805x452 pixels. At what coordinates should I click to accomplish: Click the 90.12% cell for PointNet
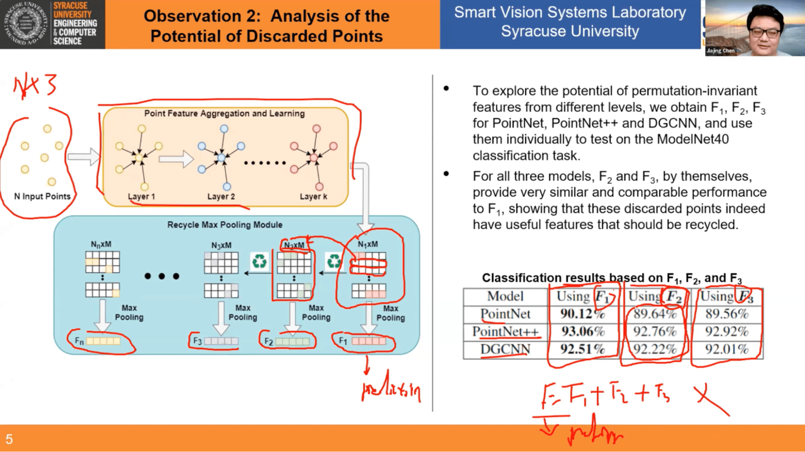(582, 314)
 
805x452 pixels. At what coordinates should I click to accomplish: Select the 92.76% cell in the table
(655, 331)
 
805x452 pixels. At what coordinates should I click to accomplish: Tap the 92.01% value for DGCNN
(726, 349)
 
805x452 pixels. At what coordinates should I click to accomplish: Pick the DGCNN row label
(505, 349)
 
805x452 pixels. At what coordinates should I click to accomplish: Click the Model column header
(505, 296)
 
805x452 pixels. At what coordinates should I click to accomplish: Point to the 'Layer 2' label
(221, 196)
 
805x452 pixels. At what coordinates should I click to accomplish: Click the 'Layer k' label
(313, 196)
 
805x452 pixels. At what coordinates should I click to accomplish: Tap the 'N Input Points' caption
(42, 196)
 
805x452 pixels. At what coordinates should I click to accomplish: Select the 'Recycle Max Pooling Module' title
(225, 225)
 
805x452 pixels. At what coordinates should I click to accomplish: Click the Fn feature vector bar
(103, 341)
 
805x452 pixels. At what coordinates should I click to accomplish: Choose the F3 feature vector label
(197, 341)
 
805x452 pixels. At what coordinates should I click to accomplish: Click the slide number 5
(9, 439)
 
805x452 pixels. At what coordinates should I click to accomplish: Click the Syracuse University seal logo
(25, 23)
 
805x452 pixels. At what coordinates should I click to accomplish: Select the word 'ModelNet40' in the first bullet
(693, 139)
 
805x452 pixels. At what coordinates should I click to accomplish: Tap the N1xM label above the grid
(368, 244)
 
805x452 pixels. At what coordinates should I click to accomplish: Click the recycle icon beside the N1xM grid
(334, 261)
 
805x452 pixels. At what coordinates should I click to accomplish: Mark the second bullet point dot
(446, 174)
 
